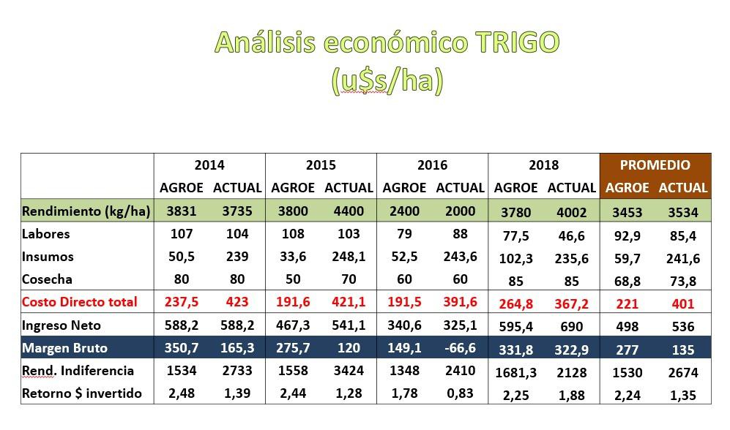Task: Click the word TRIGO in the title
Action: pos(516,43)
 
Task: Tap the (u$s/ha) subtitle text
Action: pos(387,81)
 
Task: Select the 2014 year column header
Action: pos(209,165)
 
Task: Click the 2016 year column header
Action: pos(432,165)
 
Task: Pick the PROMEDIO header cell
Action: pos(655,165)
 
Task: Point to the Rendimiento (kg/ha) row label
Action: pos(86,211)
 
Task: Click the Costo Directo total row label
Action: pos(79,302)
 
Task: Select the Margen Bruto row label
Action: pos(64,347)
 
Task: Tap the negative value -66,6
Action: pos(460,347)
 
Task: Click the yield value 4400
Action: pos(349,211)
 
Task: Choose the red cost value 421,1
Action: pos(349,302)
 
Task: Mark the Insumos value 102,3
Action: pos(516,258)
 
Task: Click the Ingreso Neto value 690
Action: pos(571,326)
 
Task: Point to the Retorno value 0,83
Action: pos(460,393)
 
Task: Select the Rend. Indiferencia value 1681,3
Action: pos(516,372)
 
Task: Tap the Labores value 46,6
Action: pos(571,235)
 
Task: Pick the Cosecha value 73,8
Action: pos(682,281)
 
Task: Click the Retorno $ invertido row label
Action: pos(82,393)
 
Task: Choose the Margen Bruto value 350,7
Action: pos(181,347)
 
